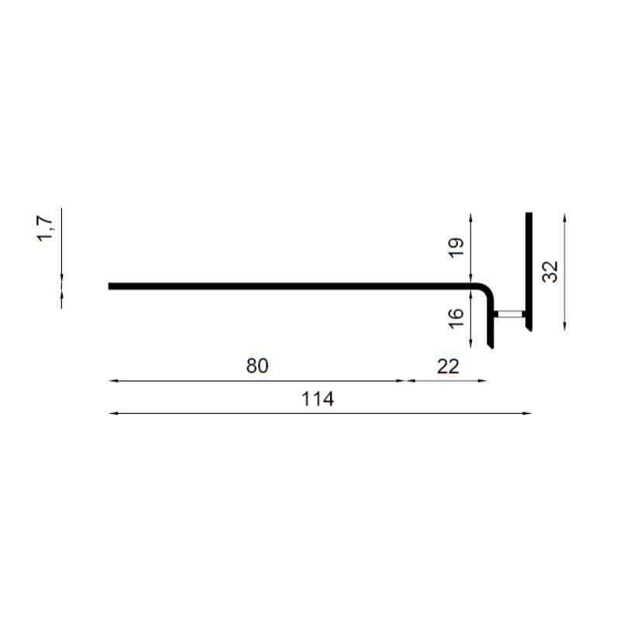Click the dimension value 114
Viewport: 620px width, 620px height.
click(x=318, y=399)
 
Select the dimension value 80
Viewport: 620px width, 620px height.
click(x=257, y=366)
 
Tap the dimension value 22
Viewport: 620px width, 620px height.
click(x=448, y=367)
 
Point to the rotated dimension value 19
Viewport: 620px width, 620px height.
click(x=456, y=248)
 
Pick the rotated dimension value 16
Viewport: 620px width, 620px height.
click(x=456, y=318)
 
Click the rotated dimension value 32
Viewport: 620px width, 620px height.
click(x=550, y=272)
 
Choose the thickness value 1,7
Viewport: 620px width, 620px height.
click(x=45, y=229)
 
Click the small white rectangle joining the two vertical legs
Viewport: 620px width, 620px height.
click(x=510, y=315)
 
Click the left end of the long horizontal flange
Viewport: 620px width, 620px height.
click(x=109, y=286)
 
